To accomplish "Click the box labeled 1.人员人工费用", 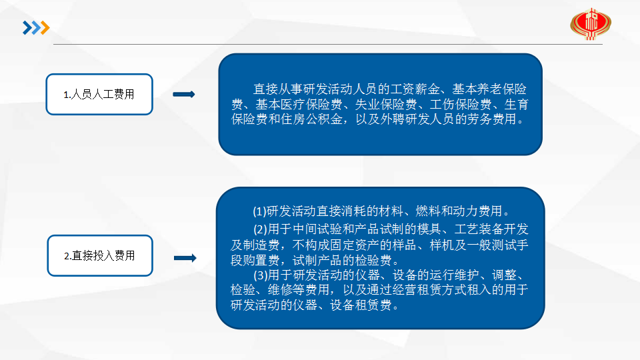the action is (99, 94).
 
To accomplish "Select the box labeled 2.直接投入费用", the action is (100, 255).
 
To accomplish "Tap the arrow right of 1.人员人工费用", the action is (184, 94).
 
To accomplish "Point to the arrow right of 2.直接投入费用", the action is (185, 257).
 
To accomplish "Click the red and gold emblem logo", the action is (591, 24).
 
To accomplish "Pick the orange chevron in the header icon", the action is (45, 28).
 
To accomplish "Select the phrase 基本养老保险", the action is (489, 89).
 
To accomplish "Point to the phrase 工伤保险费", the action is (461, 105).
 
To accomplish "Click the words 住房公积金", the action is (311, 119).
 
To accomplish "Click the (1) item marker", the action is (259, 211).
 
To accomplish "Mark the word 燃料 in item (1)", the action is (428, 211).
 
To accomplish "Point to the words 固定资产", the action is (367, 245).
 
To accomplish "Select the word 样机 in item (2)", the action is (442, 245).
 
